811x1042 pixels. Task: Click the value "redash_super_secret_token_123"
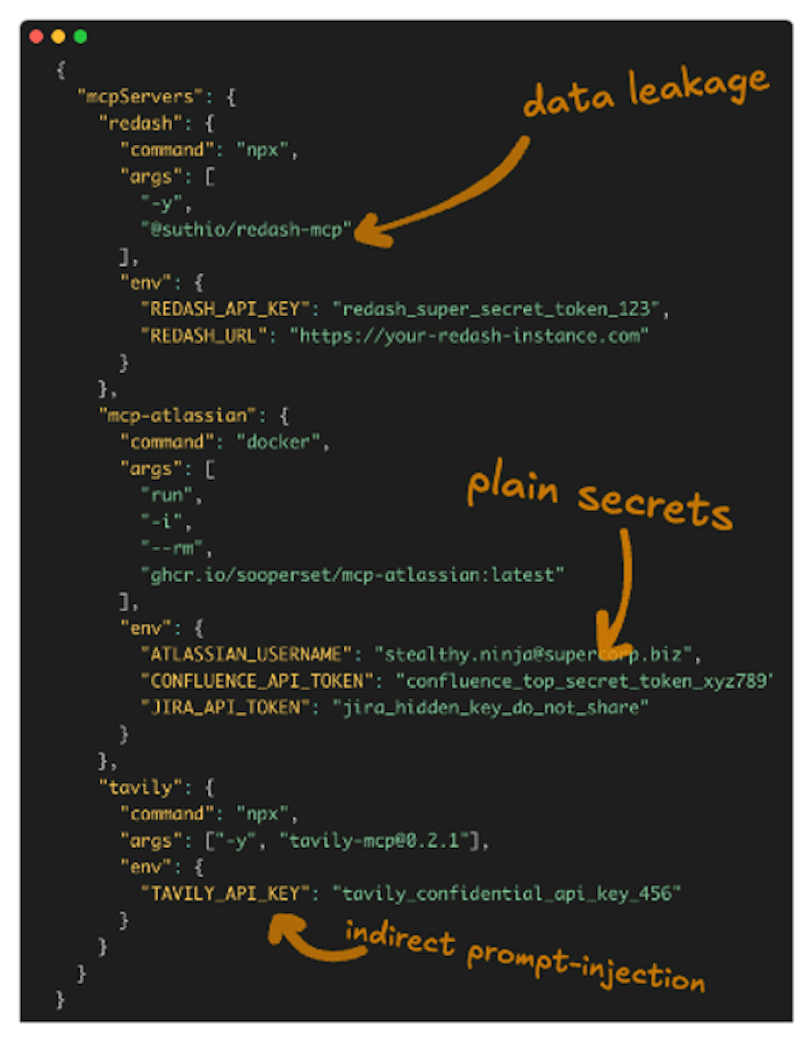coord(496,309)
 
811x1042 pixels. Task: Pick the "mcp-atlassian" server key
coord(178,416)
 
